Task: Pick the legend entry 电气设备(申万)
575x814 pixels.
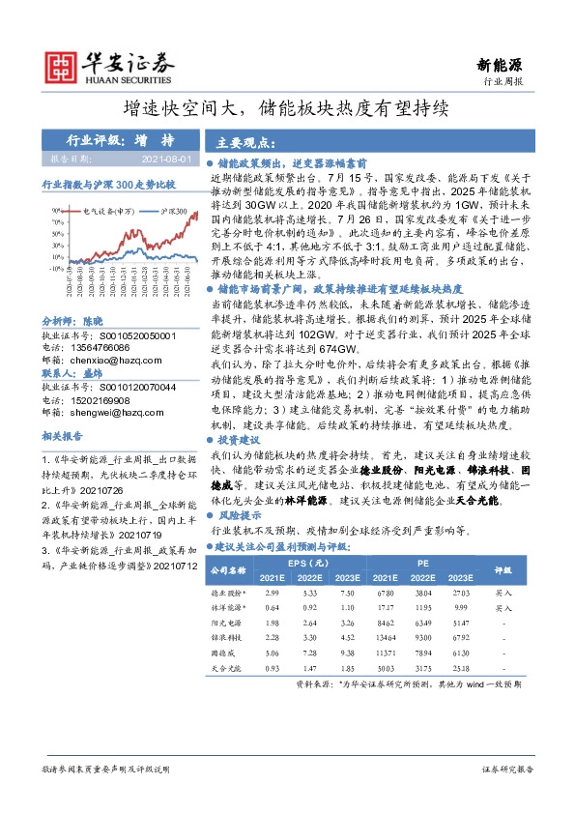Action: pyautogui.click(x=108, y=209)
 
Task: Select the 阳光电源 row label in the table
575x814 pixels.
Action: pyautogui.click(x=229, y=624)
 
